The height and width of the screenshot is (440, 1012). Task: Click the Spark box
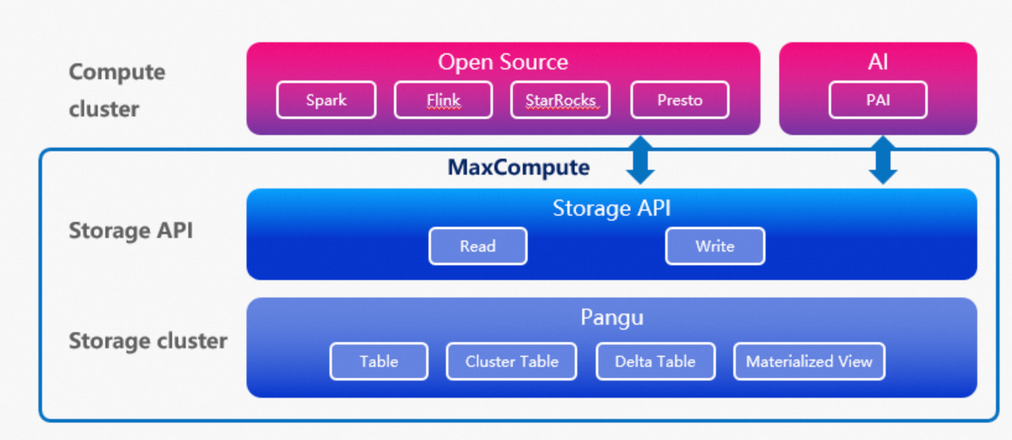(x=326, y=100)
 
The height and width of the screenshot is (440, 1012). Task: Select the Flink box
(x=443, y=100)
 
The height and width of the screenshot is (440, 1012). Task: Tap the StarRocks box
(x=561, y=100)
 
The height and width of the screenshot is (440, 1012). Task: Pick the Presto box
(x=679, y=100)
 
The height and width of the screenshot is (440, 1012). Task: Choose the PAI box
(x=878, y=100)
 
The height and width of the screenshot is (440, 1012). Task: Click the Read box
(x=478, y=246)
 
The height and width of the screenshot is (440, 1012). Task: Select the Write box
(x=715, y=246)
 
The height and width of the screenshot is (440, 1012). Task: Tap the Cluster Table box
(x=512, y=361)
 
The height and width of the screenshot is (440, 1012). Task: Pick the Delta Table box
(x=655, y=361)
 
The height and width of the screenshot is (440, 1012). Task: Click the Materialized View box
(x=809, y=361)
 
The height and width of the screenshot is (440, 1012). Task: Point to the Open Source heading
(x=503, y=62)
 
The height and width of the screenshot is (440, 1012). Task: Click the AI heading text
(x=878, y=62)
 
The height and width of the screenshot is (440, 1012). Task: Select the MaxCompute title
(x=518, y=167)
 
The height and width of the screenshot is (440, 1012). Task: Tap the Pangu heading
(x=612, y=317)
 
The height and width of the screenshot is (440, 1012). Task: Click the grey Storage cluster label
(x=148, y=341)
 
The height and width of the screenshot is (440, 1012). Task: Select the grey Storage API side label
(x=131, y=231)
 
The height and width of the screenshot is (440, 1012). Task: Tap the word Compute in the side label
(x=117, y=73)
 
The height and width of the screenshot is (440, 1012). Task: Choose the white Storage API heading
(x=611, y=208)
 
